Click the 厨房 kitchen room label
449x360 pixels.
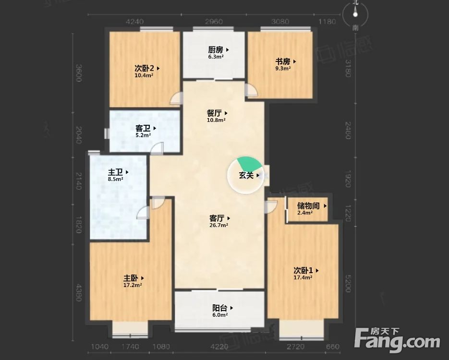pyautogui.click(x=216, y=49)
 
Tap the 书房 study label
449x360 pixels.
pyautogui.click(x=283, y=61)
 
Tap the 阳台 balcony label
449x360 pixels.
pyautogui.click(x=220, y=308)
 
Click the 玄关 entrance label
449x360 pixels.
pyautogui.click(x=247, y=176)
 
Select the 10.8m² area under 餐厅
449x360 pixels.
pyautogui.click(x=216, y=120)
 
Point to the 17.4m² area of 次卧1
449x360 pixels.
pyautogui.click(x=303, y=277)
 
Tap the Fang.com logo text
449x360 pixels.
pyautogui.click(x=399, y=342)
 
